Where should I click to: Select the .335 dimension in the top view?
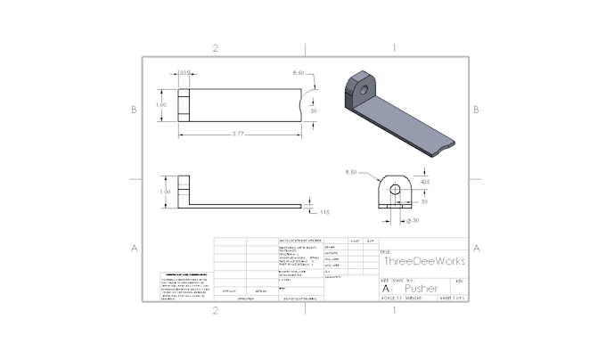184,72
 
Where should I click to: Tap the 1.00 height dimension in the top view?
161,104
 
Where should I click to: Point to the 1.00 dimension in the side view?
163,191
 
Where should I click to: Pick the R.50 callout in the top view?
299,72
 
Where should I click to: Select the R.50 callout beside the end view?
350,171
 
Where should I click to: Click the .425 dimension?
423,182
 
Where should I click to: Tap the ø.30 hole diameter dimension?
413,219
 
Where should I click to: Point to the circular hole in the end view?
391,188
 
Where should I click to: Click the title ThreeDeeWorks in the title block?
425,261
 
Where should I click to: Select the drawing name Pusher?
421,289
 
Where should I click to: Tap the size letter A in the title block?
386,289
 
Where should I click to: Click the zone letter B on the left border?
134,110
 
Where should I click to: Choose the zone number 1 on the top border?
395,48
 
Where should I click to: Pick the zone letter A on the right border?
477,248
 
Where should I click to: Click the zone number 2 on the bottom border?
215,310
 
